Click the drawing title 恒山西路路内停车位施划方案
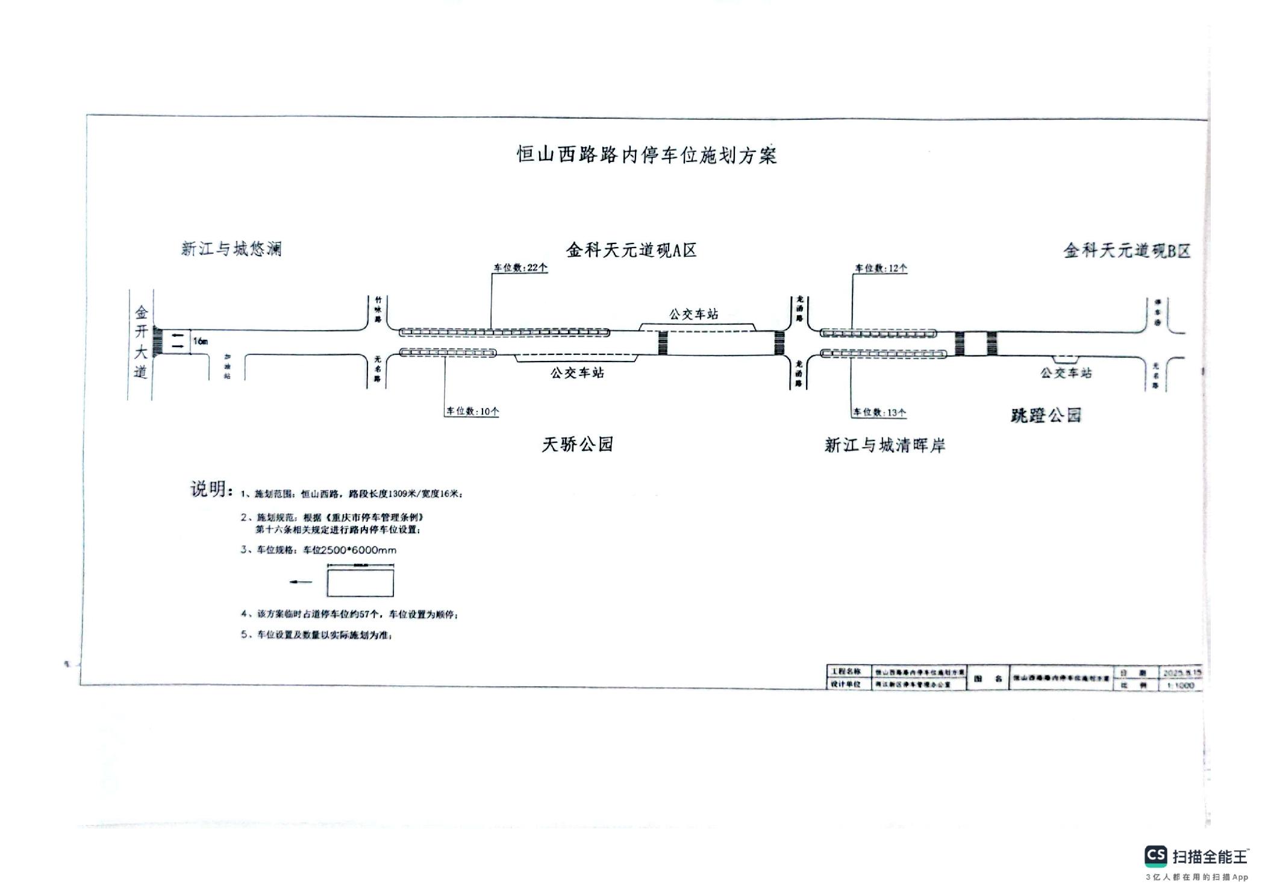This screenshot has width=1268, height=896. [x=647, y=155]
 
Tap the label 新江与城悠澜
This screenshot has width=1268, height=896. [x=231, y=249]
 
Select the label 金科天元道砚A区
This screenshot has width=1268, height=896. [x=631, y=250]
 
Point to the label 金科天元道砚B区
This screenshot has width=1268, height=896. [x=1126, y=251]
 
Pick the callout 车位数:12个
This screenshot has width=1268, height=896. [x=881, y=268]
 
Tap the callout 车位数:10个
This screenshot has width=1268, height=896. [x=472, y=412]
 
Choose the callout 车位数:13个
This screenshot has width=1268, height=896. [x=879, y=412]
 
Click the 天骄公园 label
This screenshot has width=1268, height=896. [x=577, y=445]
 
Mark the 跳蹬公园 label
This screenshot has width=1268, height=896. [x=1046, y=415]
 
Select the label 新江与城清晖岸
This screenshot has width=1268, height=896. [x=884, y=445]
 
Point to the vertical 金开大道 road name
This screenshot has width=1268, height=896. [x=140, y=342]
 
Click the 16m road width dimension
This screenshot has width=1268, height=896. [x=201, y=342]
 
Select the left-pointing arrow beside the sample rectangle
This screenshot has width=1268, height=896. [x=301, y=582]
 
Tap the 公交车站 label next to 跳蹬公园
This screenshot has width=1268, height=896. [x=1066, y=373]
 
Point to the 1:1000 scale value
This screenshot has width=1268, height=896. [x=1180, y=686]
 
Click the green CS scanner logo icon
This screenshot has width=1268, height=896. [x=1155, y=856]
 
